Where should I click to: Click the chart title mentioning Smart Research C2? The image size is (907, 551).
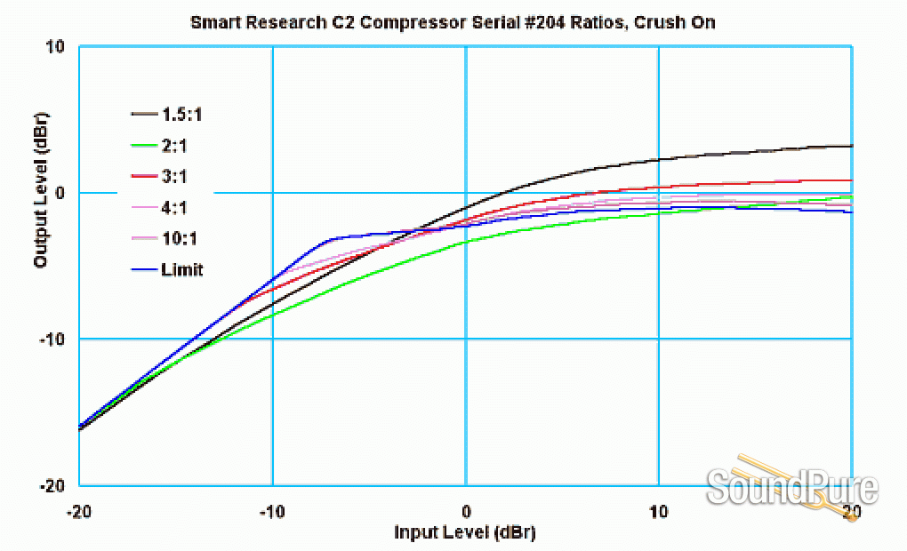click(x=453, y=22)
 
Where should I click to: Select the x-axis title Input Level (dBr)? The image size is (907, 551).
click(x=465, y=532)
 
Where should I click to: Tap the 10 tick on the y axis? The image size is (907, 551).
click(x=55, y=46)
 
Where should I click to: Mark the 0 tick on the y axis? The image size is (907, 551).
click(x=60, y=193)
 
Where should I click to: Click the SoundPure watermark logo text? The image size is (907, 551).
click(x=791, y=488)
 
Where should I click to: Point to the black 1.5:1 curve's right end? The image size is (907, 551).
click(x=850, y=146)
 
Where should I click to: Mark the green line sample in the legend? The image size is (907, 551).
click(x=143, y=145)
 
